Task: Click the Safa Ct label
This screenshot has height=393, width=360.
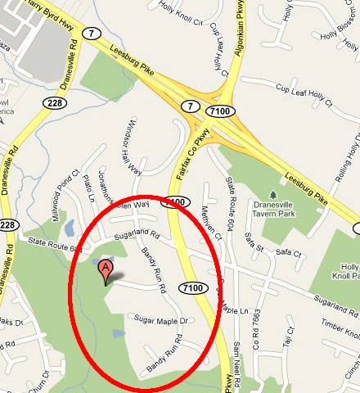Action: [x=289, y=252]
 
